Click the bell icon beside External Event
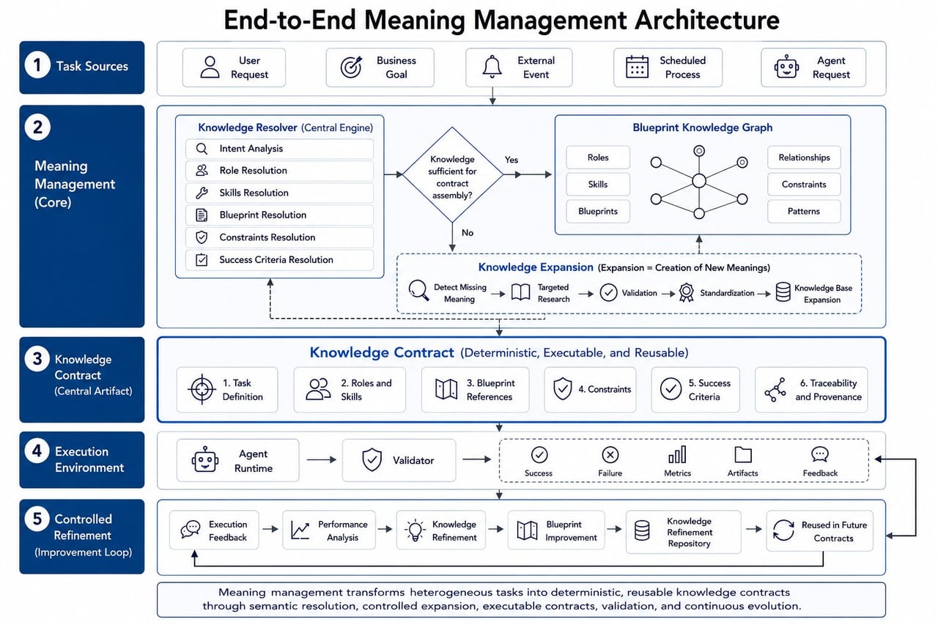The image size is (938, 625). click(492, 67)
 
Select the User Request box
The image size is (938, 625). click(234, 67)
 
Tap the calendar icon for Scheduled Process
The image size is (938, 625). click(637, 67)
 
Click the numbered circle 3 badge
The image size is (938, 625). click(37, 359)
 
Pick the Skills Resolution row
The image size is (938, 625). click(279, 193)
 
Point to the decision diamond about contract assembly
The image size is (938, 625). click(452, 174)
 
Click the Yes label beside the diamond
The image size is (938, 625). click(512, 160)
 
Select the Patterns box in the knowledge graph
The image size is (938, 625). click(804, 211)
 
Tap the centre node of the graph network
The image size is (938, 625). click(699, 181)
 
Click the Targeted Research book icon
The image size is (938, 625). click(520, 292)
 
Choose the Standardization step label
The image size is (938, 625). click(727, 293)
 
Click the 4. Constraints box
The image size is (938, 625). click(590, 389)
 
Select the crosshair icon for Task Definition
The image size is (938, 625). click(202, 389)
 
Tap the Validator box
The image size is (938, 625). click(399, 460)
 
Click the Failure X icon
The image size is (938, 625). click(610, 454)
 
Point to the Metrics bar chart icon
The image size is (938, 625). click(677, 454)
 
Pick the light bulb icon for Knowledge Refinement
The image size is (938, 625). click(415, 530)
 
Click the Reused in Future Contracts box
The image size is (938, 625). click(819, 530)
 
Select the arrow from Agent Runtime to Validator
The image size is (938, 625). click(321, 459)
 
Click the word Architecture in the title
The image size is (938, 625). click(707, 20)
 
